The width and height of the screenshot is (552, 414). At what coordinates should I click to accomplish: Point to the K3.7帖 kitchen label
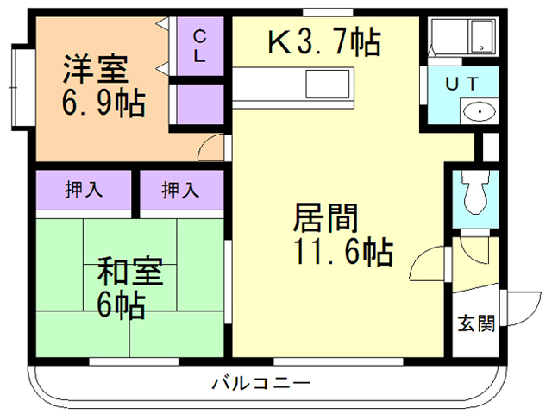click(323, 41)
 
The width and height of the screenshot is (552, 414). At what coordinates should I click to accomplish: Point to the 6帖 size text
click(120, 306)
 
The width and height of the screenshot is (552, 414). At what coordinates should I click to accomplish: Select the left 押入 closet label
click(84, 191)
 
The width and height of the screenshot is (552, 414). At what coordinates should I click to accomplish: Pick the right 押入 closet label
click(181, 191)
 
